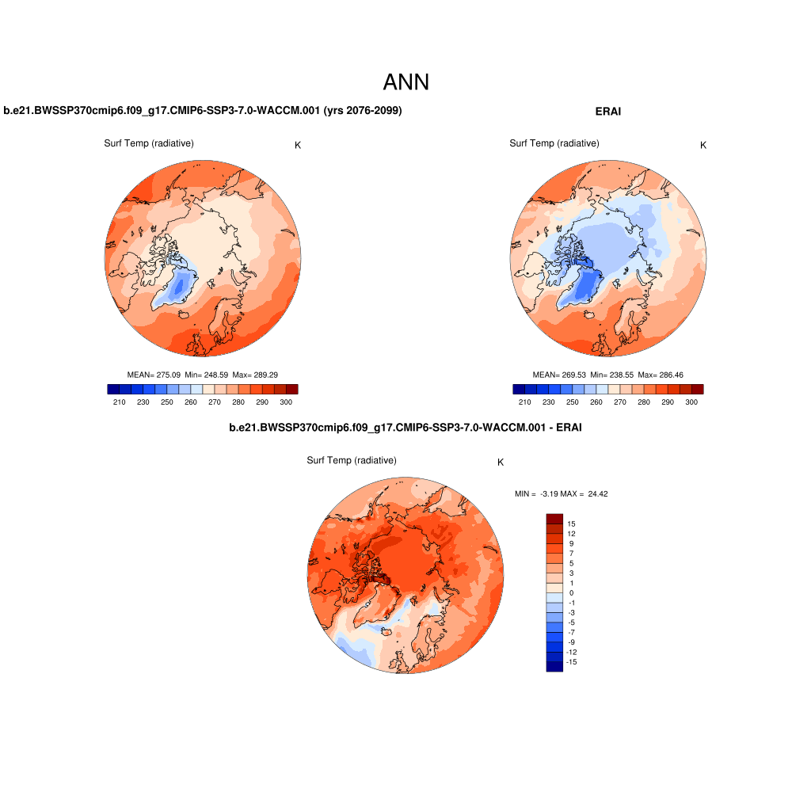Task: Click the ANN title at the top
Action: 405,82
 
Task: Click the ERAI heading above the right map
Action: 608,112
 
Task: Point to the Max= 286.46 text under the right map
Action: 661,375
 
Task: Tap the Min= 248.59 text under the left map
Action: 205,375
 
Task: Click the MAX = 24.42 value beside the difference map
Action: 584,493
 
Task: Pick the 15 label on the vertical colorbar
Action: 571,524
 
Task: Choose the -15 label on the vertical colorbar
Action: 572,661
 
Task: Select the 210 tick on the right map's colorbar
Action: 524,402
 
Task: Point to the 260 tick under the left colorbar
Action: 191,402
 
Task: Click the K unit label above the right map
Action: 703,145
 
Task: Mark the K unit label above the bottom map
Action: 501,463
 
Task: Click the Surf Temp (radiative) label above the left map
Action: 149,143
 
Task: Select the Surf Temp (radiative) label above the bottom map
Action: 352,460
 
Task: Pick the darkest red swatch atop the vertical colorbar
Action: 554,518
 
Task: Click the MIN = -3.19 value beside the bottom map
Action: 536,493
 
